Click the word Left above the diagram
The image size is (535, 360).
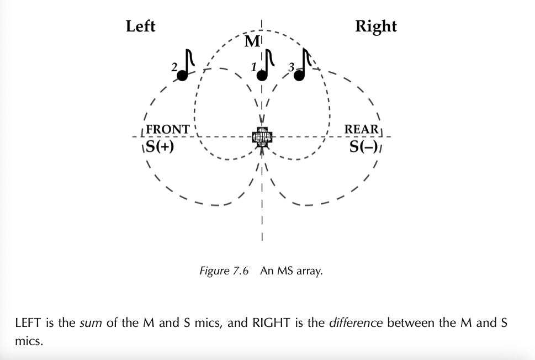[141, 26]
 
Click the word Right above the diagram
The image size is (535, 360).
[375, 27]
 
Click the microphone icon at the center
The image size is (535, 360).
[262, 137]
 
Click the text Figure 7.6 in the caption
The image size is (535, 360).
[224, 271]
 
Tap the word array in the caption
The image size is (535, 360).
[311, 272]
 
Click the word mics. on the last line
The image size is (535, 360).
[29, 341]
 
